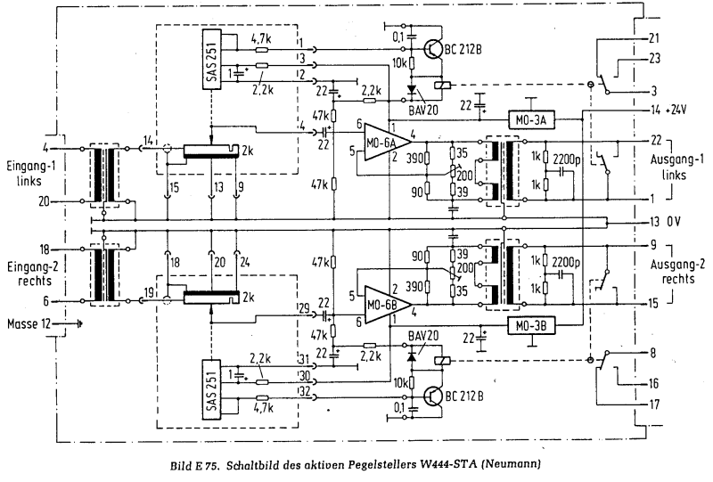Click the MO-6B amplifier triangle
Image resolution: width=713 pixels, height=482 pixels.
tap(386, 305)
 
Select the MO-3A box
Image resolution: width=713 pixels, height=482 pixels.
tap(531, 119)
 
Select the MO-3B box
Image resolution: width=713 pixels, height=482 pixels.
tap(531, 325)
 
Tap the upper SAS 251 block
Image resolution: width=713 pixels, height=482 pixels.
tap(211, 59)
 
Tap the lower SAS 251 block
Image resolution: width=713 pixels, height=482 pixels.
tap(211, 389)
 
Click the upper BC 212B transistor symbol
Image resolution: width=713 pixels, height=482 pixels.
tap(432, 49)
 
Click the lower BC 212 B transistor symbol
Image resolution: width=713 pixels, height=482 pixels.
tap(432, 396)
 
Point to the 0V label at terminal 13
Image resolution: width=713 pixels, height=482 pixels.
tap(674, 222)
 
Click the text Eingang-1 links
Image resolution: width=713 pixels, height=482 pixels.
tap(31, 173)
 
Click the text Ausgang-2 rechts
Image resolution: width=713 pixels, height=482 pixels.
tap(677, 272)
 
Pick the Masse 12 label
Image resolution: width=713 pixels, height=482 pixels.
tap(29, 324)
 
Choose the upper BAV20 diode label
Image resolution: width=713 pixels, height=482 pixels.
tap(423, 110)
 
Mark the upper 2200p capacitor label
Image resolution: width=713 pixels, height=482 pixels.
tap(567, 159)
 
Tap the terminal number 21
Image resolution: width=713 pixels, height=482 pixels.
tap(654, 38)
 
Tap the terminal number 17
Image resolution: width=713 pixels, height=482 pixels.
tap(654, 404)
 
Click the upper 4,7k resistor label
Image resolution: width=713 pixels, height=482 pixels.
tap(261, 39)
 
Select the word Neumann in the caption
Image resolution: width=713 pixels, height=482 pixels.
tap(511, 465)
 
